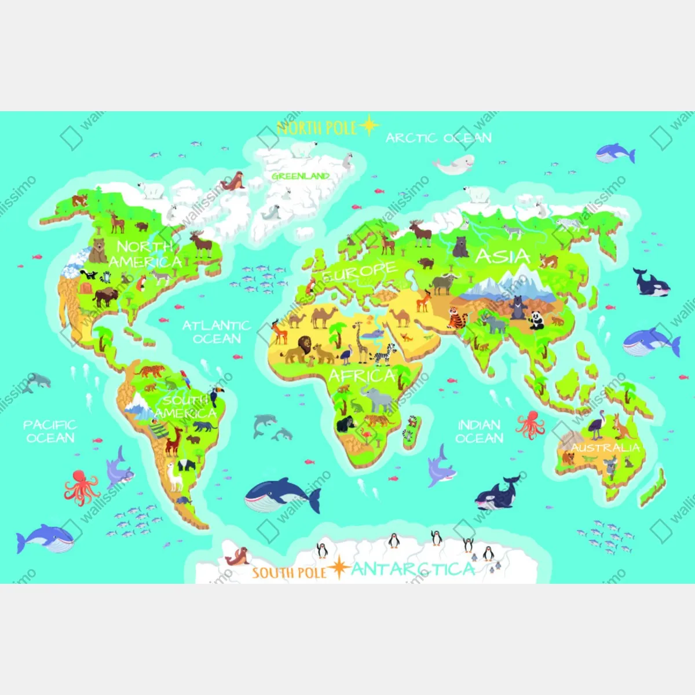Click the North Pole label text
(x=316, y=127)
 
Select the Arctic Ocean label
(x=438, y=138)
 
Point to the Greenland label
(x=301, y=176)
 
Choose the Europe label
(x=360, y=271)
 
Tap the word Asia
(x=502, y=256)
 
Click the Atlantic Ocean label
(x=216, y=332)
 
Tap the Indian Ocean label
(x=479, y=431)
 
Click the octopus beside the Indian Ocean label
(x=530, y=425)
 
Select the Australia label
(x=605, y=448)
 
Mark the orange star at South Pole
(x=339, y=569)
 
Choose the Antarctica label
(x=412, y=569)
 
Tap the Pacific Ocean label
(x=50, y=431)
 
